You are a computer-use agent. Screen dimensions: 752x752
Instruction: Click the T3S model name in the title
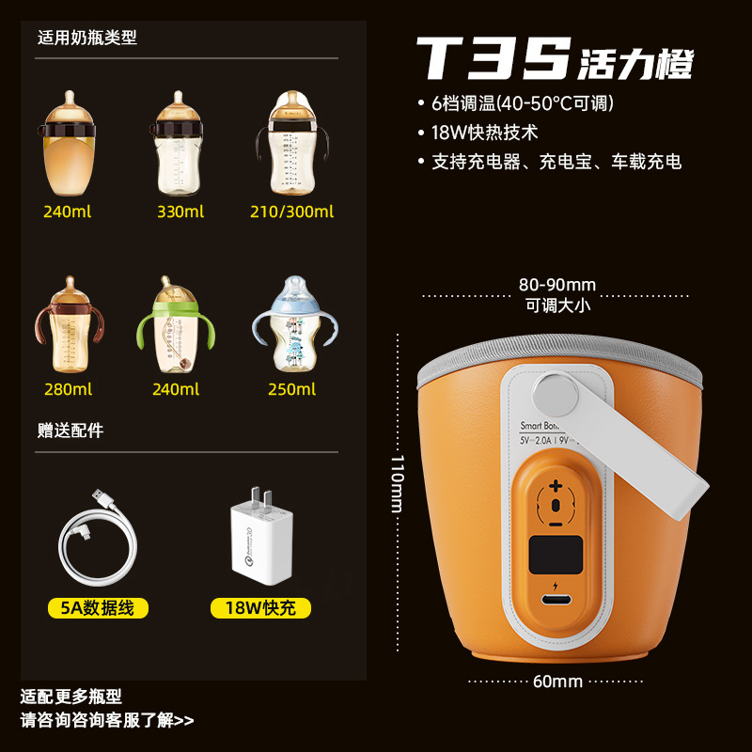493,59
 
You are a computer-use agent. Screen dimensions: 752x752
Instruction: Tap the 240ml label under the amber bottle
67,211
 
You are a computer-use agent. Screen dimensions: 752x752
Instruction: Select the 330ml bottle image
180,141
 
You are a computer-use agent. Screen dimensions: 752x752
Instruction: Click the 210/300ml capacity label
292,211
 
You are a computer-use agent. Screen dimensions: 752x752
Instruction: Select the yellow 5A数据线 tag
98,608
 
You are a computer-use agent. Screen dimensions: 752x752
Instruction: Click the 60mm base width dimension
557,681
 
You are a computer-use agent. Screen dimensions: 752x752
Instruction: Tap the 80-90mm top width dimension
557,285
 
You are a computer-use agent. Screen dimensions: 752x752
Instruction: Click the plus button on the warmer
556,486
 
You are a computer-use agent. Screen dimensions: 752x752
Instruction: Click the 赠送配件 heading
70,431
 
